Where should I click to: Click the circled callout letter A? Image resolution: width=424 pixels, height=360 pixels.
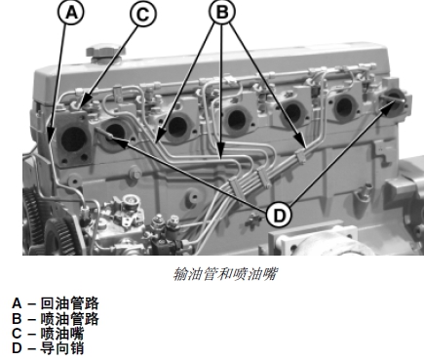point(71,13)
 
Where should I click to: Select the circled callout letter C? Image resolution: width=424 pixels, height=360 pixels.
point(143,14)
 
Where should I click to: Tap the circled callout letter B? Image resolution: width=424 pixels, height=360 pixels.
point(222,13)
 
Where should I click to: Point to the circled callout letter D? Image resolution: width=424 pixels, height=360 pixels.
point(279,216)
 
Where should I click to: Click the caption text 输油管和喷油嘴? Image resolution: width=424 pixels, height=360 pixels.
point(225,274)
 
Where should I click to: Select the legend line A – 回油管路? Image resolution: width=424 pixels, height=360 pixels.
point(56,303)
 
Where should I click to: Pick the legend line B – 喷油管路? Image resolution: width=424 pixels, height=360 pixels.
point(56,319)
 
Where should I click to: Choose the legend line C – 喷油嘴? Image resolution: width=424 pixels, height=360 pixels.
point(48,334)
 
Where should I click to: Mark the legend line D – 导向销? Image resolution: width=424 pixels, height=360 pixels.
point(48,348)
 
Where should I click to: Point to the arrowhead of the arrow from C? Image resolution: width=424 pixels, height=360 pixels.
point(82,104)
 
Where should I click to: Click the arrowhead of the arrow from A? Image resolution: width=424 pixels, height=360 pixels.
point(50,140)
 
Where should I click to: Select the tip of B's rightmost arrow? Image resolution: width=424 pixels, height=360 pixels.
point(305,147)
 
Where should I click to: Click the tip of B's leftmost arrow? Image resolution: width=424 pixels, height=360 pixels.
point(156,141)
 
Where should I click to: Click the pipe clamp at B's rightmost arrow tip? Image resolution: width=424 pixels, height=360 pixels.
point(301,155)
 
